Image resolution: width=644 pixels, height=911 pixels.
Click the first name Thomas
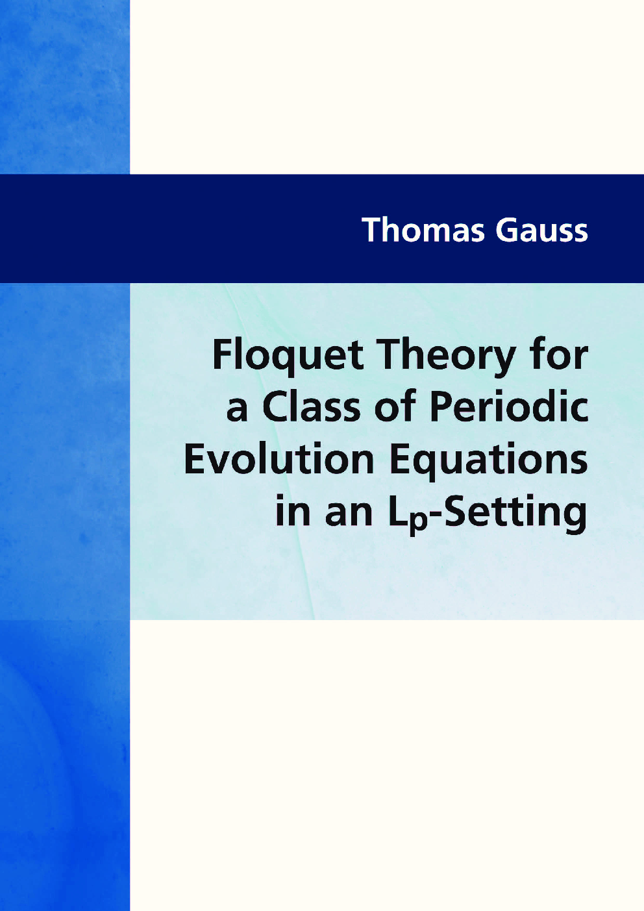tap(423, 231)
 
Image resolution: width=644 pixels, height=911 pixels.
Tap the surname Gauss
tap(541, 231)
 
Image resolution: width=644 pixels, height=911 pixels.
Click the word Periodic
tap(509, 408)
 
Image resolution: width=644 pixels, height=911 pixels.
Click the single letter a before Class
tap(237, 410)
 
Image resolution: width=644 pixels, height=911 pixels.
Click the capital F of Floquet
tap(222, 356)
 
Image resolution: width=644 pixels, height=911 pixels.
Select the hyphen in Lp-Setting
tap(436, 514)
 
